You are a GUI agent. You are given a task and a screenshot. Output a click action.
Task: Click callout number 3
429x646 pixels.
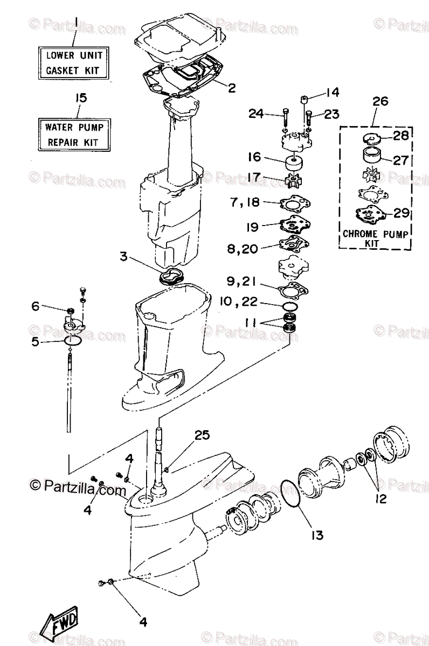(x=124, y=257)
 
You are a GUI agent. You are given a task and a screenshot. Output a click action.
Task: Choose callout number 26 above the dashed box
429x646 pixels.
(x=380, y=101)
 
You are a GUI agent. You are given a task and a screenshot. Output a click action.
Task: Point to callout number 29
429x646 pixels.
(x=399, y=213)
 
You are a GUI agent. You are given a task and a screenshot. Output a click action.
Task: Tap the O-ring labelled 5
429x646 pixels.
(x=72, y=341)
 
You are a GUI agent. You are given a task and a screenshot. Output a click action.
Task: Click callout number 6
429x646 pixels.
(x=36, y=307)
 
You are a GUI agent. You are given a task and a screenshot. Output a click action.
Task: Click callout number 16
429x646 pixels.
(x=254, y=157)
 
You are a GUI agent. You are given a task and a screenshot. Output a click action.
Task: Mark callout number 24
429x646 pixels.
(x=255, y=114)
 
